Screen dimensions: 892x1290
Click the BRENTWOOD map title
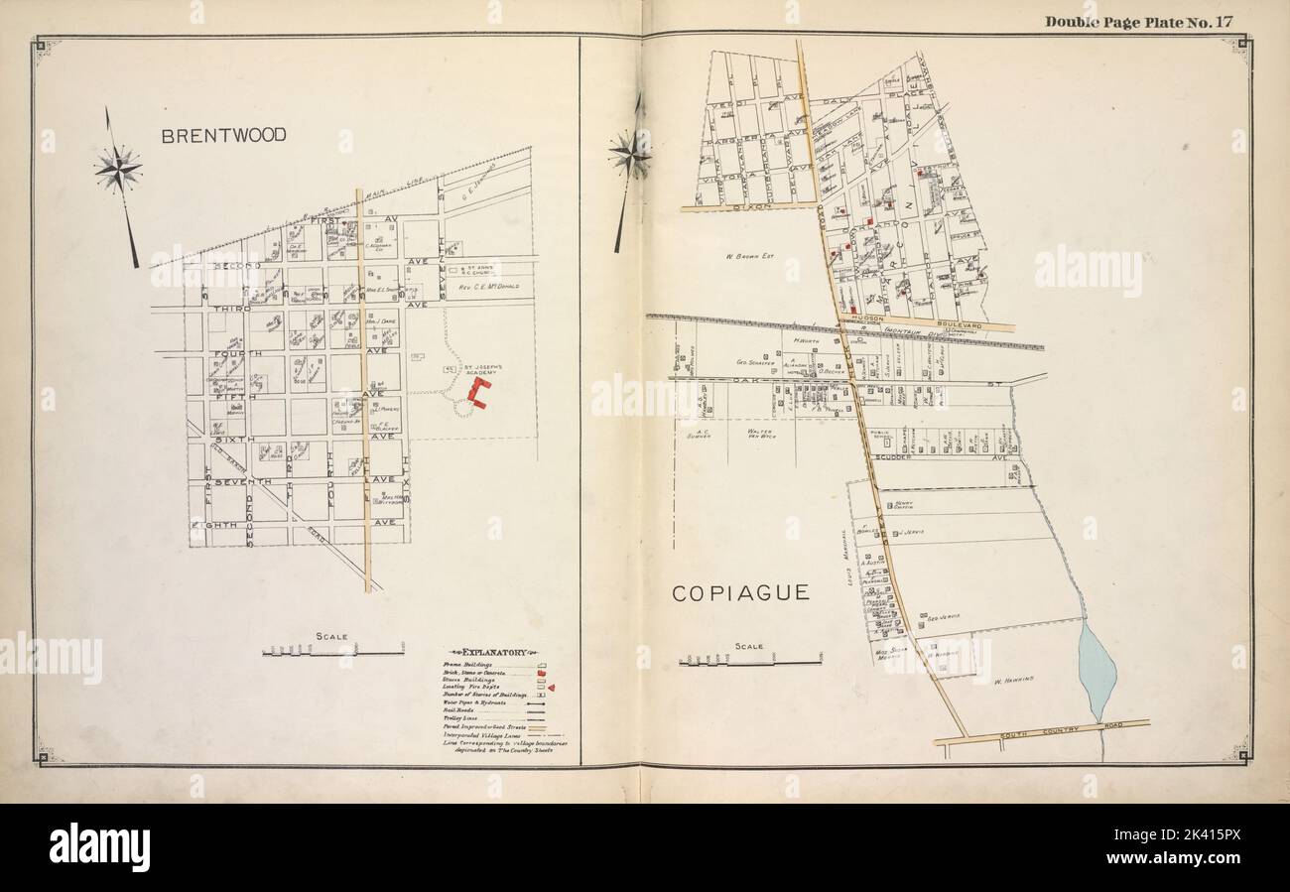coord(224,136)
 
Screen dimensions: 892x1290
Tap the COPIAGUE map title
coord(740,593)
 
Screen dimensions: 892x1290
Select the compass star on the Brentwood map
coord(118,169)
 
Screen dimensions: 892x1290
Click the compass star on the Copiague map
coord(629,156)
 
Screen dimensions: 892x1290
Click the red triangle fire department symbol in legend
coord(550,687)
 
